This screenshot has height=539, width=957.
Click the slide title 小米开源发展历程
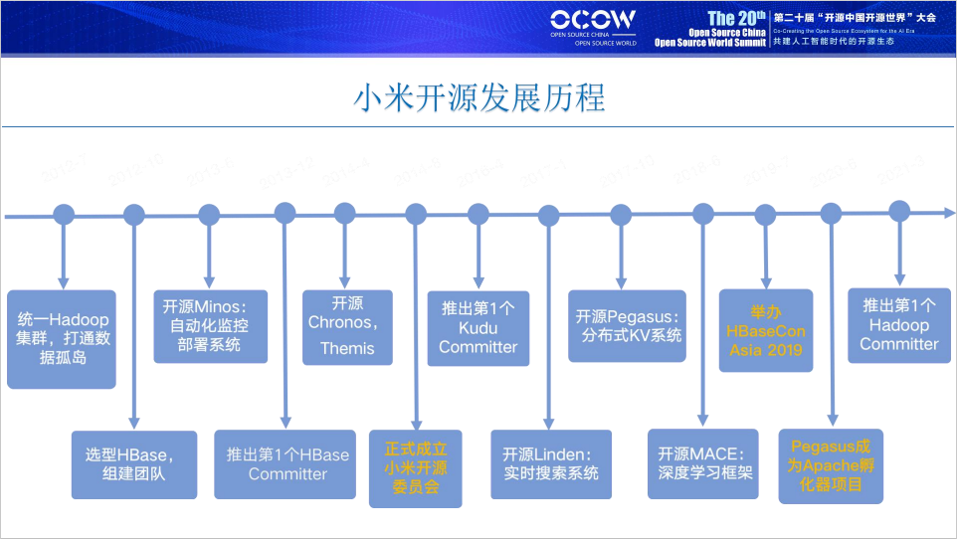(478, 99)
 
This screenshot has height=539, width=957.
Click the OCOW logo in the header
(593, 20)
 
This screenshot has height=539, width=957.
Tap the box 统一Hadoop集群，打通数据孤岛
(62, 338)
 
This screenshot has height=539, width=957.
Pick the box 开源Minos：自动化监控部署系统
(209, 326)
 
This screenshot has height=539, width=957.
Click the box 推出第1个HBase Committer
(287, 464)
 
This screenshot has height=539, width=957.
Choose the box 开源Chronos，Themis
(347, 326)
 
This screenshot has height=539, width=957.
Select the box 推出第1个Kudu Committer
(478, 327)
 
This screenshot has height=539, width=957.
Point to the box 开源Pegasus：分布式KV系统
(627, 326)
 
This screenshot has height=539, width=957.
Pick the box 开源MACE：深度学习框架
(704, 464)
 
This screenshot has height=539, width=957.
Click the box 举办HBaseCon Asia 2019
(766, 330)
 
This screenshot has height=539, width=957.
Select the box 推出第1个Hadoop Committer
(899, 325)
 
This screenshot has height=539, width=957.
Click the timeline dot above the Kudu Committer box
(478, 214)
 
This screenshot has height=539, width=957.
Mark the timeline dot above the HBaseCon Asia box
(765, 214)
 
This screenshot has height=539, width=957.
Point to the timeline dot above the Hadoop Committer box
(899, 211)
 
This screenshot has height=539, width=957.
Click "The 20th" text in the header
(736, 19)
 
